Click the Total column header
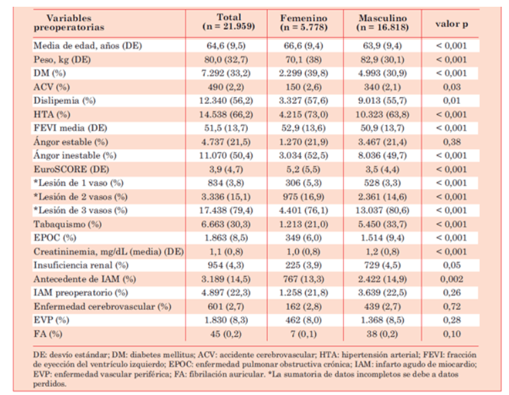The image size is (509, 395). pyautogui.click(x=229, y=22)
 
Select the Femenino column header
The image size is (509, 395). pyautogui.click(x=304, y=22)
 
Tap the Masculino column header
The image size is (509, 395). pyautogui.click(x=383, y=22)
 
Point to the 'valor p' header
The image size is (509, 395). pyautogui.click(x=452, y=24)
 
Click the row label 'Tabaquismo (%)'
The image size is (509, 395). pyautogui.click(x=68, y=224)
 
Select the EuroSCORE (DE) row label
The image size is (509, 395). pyautogui.click(x=72, y=169)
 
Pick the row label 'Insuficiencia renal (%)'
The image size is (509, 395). pyautogui.click(x=81, y=265)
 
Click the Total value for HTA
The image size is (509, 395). pyautogui.click(x=226, y=115)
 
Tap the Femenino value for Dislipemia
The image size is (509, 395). pyautogui.click(x=304, y=101)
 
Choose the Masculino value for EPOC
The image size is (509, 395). pyautogui.click(x=382, y=238)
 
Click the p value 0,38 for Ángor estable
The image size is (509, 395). pyautogui.click(x=452, y=142)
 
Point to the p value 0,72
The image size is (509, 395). pyautogui.click(x=452, y=307)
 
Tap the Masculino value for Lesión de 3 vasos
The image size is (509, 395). pyautogui.click(x=382, y=210)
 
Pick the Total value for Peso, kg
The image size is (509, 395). pyautogui.click(x=226, y=59)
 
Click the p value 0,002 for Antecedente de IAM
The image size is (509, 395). pyautogui.click(x=452, y=279)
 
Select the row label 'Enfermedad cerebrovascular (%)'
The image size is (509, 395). pyautogui.click(x=102, y=307)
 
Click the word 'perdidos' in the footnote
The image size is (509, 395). pyautogui.click(x=49, y=384)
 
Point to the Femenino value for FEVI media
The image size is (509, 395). pyautogui.click(x=304, y=128)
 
